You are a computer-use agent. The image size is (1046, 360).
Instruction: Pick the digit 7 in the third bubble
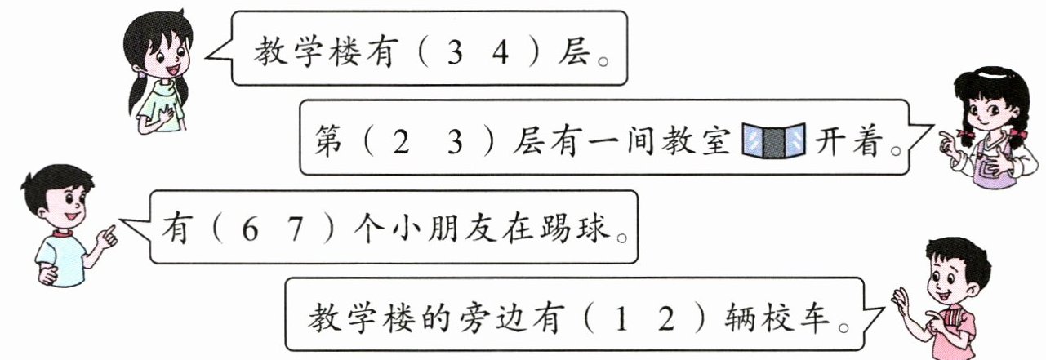point(302,229)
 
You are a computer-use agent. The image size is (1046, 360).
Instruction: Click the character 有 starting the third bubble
point(178,229)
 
